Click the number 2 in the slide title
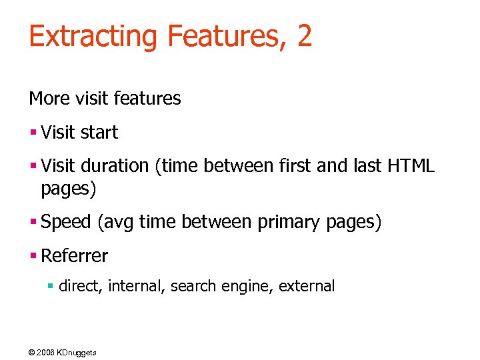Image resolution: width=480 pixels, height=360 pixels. point(304,35)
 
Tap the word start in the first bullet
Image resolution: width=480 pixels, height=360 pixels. point(99,133)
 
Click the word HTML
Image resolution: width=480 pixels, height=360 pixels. point(411,166)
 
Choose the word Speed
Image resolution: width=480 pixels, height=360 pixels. point(66,223)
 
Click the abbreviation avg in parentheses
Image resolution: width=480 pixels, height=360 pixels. point(117,223)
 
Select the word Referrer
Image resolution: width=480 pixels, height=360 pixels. point(74,255)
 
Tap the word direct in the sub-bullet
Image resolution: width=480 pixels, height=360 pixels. point(79,287)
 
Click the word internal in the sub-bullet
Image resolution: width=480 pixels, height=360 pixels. point(137,287)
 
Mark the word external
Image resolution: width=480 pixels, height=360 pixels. point(307,287)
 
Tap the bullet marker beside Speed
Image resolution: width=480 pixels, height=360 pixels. point(32,223)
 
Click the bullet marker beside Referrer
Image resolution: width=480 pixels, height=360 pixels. point(32,255)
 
